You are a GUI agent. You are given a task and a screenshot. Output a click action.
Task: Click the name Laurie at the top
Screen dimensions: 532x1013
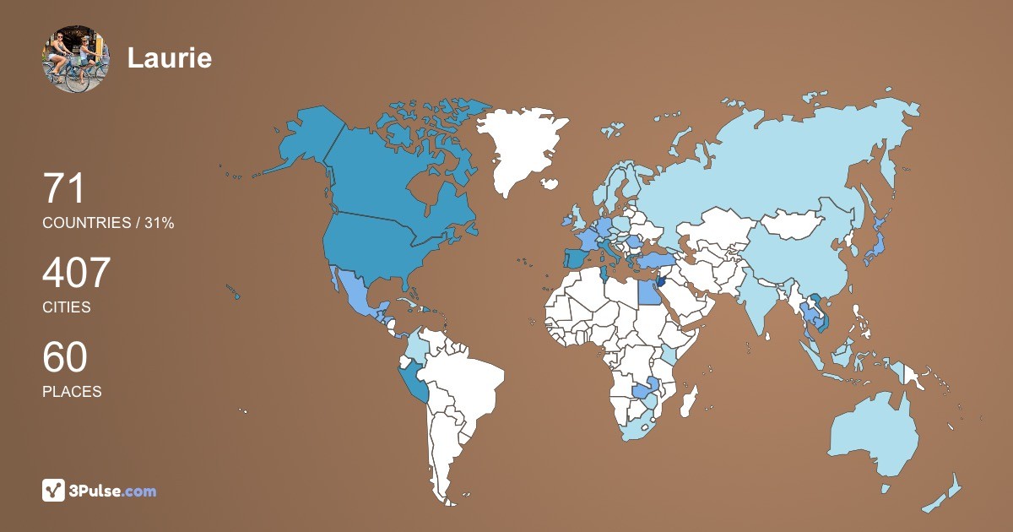pyautogui.click(x=169, y=57)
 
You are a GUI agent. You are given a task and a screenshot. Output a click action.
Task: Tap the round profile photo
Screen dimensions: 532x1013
pyautogui.click(x=75, y=58)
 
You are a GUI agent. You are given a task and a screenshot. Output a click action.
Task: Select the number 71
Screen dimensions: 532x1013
pyautogui.click(x=64, y=188)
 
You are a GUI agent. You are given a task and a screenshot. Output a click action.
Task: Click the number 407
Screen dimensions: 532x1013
pyautogui.click(x=77, y=274)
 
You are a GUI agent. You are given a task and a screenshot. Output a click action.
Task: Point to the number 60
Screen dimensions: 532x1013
pyautogui.click(x=65, y=358)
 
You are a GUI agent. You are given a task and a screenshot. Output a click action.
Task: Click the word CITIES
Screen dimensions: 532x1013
pyautogui.click(x=66, y=307)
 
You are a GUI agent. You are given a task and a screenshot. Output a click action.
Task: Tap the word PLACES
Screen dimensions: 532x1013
pyautogui.click(x=72, y=392)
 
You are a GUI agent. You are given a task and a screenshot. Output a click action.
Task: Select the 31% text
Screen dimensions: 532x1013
pyautogui.click(x=159, y=223)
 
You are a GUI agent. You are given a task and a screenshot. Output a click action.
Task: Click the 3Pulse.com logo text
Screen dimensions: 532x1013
pyautogui.click(x=114, y=491)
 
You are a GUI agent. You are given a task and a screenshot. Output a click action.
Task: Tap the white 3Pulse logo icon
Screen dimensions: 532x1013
pyautogui.click(x=53, y=490)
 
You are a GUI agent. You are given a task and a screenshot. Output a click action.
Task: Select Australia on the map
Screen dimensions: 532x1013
pyautogui.click(x=869, y=435)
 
